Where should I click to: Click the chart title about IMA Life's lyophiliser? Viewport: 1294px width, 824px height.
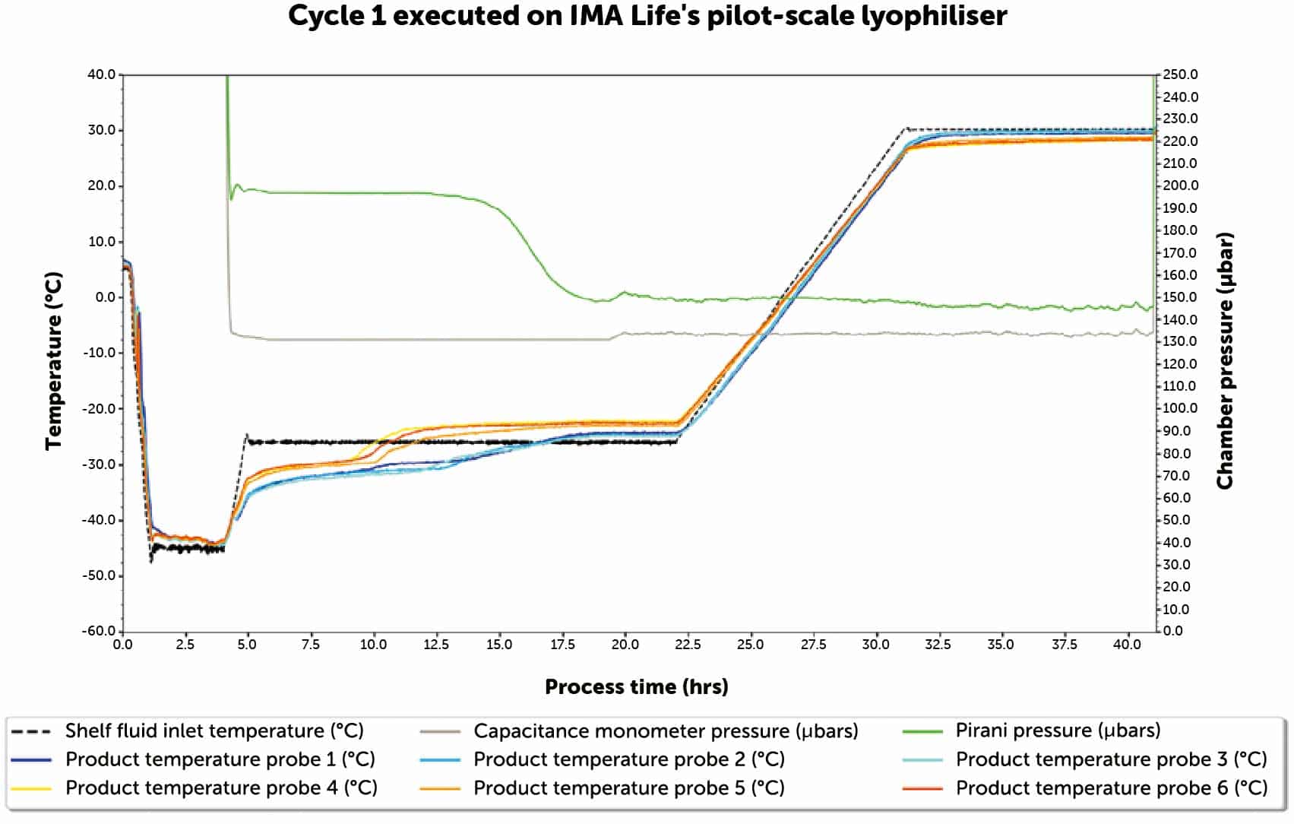coord(647,16)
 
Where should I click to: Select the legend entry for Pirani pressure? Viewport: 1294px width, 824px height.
coord(1057,731)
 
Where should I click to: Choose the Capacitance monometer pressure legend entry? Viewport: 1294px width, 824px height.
coord(666,731)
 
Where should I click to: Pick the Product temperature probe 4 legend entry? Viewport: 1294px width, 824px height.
coord(221,788)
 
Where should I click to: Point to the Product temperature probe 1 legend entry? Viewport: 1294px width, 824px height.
coord(220,759)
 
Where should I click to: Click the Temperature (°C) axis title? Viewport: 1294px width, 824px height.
coord(53,360)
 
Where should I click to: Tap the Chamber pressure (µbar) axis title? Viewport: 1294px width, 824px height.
coord(1224,360)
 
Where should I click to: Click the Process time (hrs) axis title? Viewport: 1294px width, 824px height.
coord(636,687)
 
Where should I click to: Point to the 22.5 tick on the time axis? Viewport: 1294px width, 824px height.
coord(687,645)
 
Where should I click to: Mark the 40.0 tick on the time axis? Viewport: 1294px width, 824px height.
coord(1127,645)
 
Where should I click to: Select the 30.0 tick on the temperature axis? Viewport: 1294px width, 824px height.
coord(101,130)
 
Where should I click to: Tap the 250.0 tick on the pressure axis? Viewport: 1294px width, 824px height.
coord(1180,74)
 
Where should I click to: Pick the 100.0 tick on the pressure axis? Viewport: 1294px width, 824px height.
coord(1180,408)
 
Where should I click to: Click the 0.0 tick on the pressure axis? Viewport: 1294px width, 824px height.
coord(1173,631)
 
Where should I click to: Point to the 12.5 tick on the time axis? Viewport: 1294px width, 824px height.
coord(436,645)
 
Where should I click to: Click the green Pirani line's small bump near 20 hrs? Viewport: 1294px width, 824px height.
coord(625,293)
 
